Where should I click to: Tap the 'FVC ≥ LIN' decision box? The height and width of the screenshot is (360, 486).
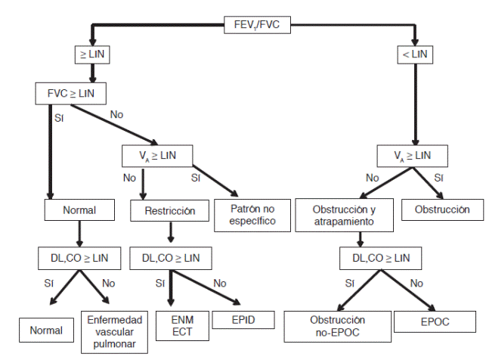70,94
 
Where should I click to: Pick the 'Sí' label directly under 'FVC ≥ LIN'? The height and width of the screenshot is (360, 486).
59,118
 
